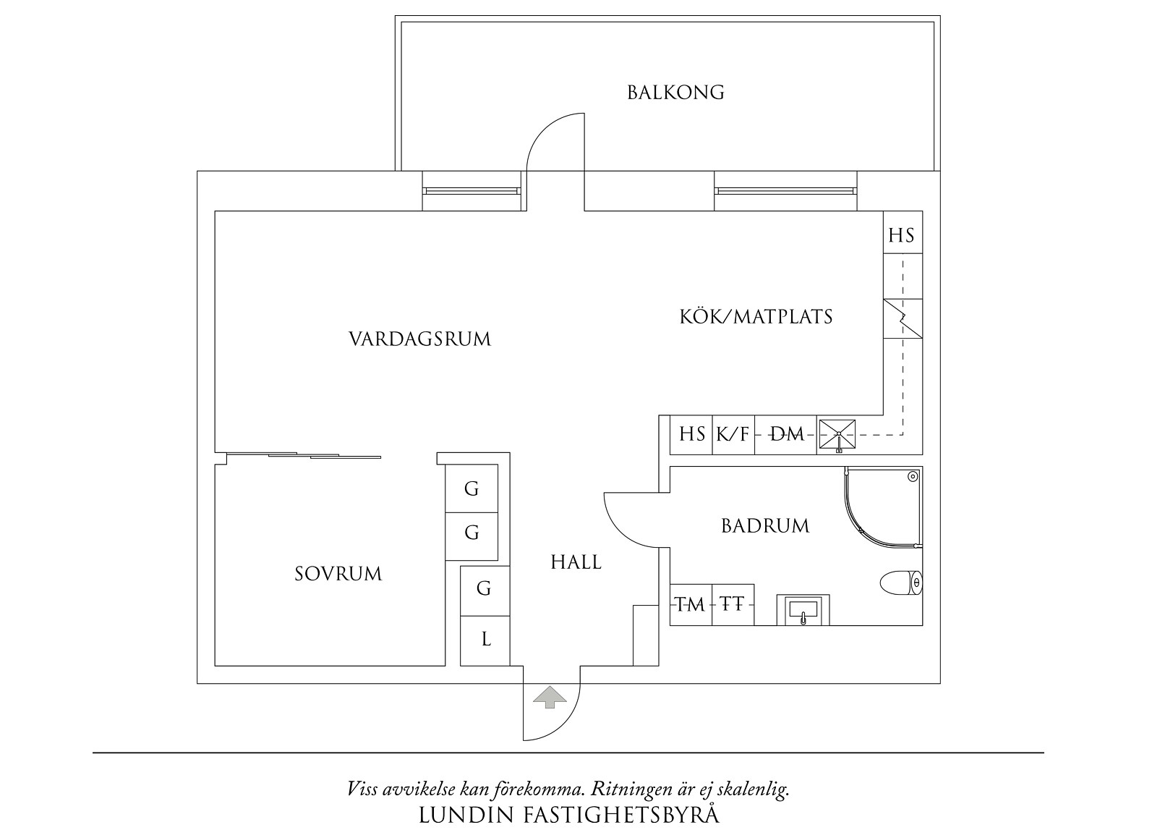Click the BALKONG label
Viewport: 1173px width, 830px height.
pos(675,93)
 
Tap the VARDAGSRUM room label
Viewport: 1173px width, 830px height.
pos(419,339)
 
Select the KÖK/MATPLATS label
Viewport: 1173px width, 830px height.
pos(756,316)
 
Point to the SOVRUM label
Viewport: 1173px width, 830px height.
pos(338,574)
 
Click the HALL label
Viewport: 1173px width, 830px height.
pos(576,562)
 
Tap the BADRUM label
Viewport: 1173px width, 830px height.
pos(765,525)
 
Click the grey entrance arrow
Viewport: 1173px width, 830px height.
pos(550,696)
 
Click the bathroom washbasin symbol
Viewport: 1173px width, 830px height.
pos(803,610)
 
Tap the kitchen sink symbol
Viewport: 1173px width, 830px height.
pos(837,436)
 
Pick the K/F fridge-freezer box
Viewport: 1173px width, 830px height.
pos(733,434)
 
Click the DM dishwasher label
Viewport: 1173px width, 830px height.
pos(786,434)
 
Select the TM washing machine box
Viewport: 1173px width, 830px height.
pos(691,604)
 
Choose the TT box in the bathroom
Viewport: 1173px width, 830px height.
pos(733,604)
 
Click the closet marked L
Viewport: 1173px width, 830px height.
pos(485,640)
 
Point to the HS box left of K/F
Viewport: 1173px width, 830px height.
pos(691,434)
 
